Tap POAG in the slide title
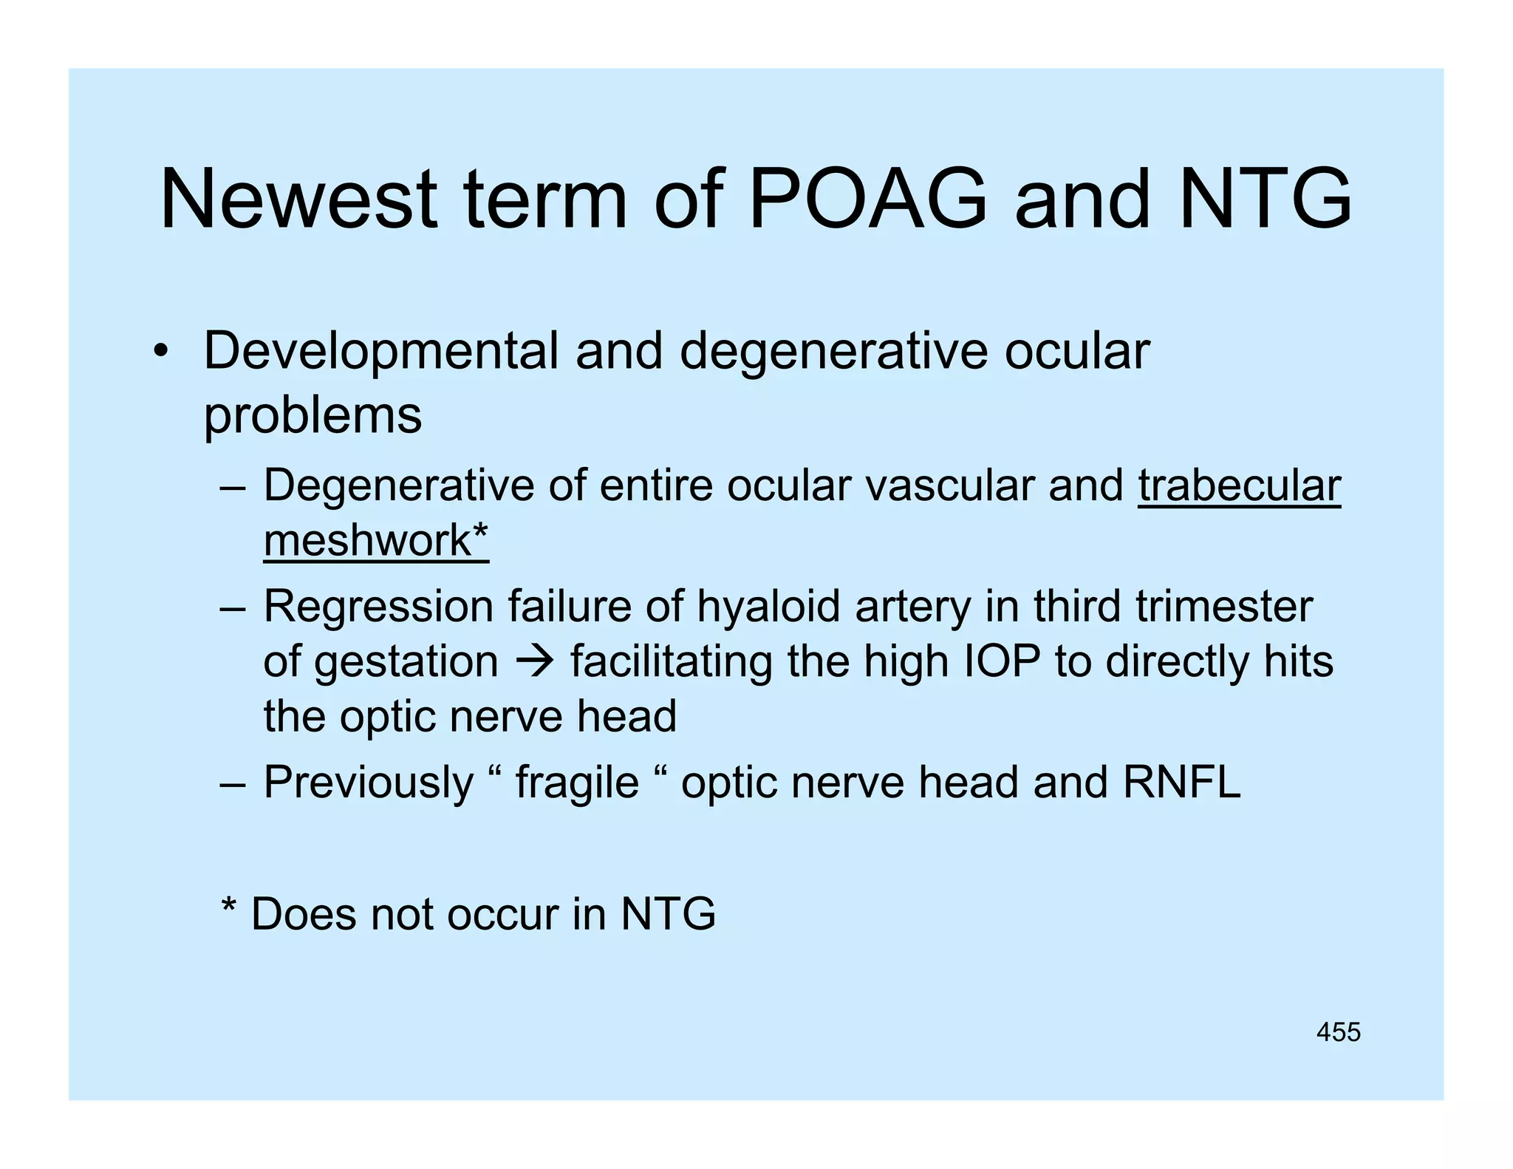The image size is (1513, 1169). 867,200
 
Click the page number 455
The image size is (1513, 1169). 1338,1032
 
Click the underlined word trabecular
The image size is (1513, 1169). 1239,485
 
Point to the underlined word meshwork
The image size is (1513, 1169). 367,540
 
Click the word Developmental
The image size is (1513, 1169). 380,351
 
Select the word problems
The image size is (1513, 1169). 312,416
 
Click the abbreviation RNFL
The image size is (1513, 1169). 1181,782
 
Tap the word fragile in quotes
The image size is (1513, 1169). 576,783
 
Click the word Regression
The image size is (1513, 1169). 378,607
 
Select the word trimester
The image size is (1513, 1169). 1224,606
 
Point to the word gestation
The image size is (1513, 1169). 406,661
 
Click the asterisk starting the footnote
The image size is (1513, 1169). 229,907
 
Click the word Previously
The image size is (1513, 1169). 368,783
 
